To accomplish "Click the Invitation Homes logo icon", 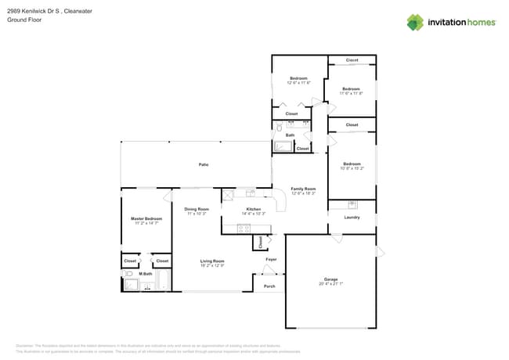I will pos(415,22).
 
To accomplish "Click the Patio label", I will pos(204,164).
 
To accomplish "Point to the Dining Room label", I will pos(197,209).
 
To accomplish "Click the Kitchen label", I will pos(254,209).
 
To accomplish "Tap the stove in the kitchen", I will pos(244,229).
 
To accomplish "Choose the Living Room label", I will pos(211,261).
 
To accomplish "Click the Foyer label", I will pos(271,259).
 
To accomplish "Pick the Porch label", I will pos(269,286).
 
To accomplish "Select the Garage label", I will pos(331,279).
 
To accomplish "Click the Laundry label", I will pos(352,218).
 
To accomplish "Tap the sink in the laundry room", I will pos(352,204).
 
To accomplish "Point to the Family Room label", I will pos(303,189).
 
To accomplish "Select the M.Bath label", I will pos(146,274).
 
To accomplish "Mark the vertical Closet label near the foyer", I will pos(260,242).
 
